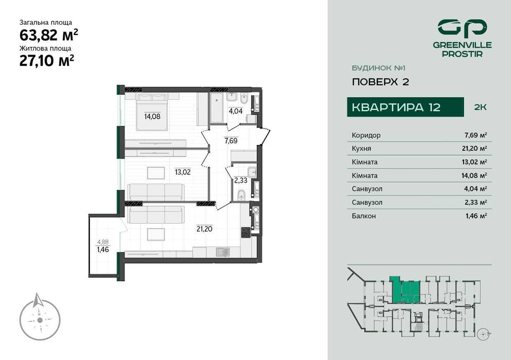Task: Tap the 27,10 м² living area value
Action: tap(47, 60)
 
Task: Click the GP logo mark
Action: tap(462, 27)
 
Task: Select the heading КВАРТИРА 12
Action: tap(396, 107)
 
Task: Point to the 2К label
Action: tap(480, 107)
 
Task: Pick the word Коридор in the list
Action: tap(366, 135)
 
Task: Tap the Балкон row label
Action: tap(364, 216)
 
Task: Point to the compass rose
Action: tap(39, 319)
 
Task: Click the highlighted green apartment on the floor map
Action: tap(406, 291)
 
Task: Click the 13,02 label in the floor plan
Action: tap(182, 172)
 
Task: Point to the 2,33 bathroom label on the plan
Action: tap(240, 180)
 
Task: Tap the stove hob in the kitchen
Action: tap(246, 231)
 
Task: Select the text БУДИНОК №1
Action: tap(375, 67)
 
